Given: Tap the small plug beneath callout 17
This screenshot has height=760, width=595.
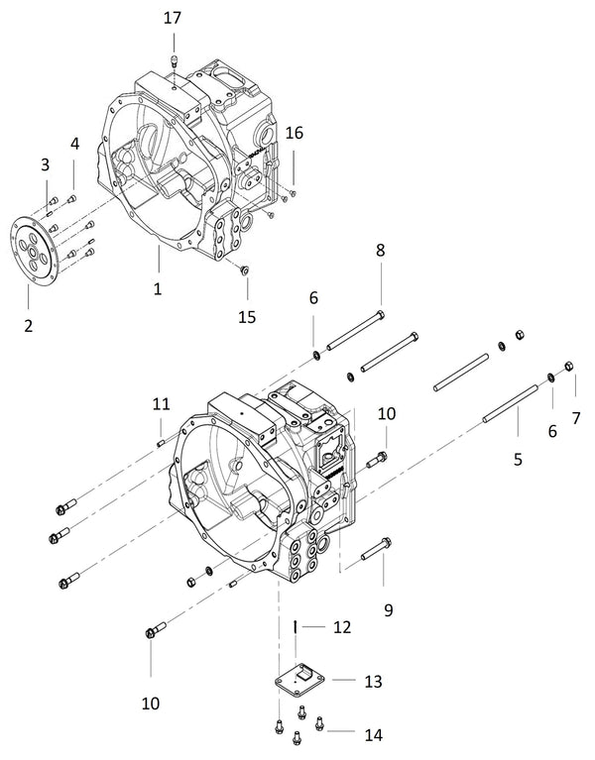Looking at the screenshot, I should click(x=174, y=61).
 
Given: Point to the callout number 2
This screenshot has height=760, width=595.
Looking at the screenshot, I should click(x=28, y=325).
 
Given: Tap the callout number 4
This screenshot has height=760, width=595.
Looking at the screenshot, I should click(x=74, y=144).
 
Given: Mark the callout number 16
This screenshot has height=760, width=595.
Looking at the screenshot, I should click(x=295, y=134).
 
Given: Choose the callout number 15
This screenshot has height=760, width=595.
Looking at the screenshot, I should click(x=246, y=317).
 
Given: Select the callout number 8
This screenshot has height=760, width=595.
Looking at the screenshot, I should click(x=380, y=253).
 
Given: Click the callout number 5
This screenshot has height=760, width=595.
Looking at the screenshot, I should click(x=519, y=461).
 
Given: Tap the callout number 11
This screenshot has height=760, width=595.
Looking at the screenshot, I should click(x=162, y=403).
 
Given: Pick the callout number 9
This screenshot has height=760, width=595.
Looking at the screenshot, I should click(x=389, y=610).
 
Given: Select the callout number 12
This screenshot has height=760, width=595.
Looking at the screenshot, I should click(x=341, y=627).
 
